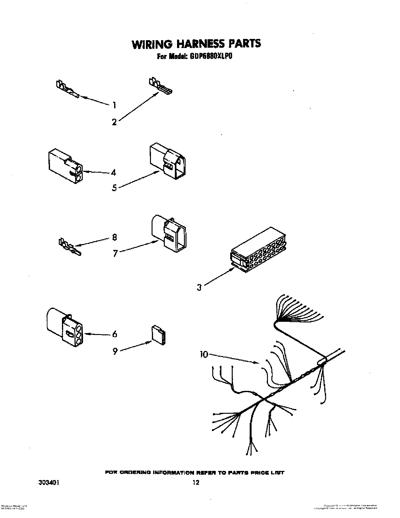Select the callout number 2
click(x=114, y=122)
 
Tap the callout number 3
click(x=199, y=287)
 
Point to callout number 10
click(x=204, y=355)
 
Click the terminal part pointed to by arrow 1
click(x=66, y=89)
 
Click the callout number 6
click(x=114, y=334)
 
